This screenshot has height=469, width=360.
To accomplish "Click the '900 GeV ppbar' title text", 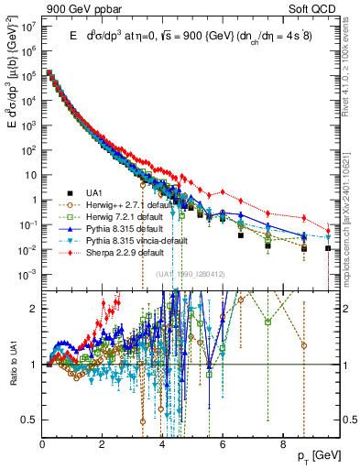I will (84, 9).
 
